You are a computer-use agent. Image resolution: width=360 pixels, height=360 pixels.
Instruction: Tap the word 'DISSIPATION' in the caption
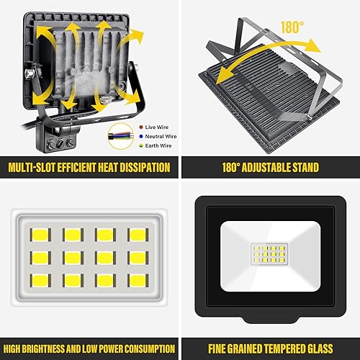coord(138,168)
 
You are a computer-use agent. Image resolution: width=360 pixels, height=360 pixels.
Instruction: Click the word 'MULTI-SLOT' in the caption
coord(33,168)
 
